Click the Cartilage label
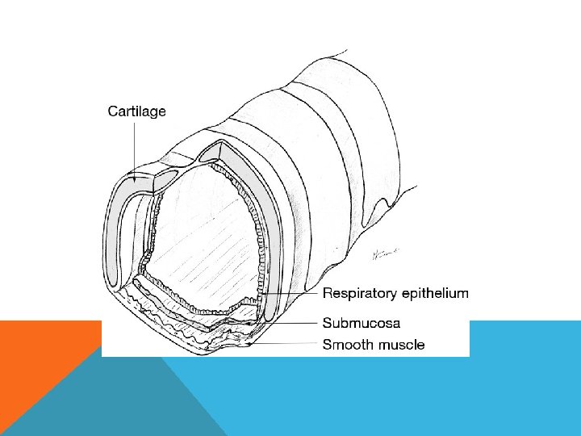(x=137, y=112)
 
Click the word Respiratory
(x=361, y=293)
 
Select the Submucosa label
(x=362, y=321)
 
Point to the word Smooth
(x=348, y=346)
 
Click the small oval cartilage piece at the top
(x=169, y=176)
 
